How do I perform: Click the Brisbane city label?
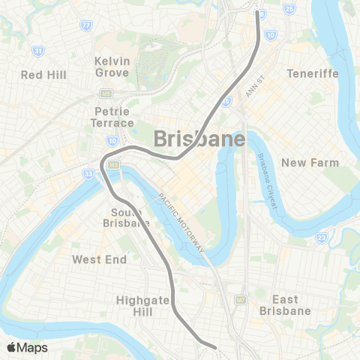point(199,139)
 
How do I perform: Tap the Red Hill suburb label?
point(43,75)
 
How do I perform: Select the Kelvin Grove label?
point(113,66)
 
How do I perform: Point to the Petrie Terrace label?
point(112,116)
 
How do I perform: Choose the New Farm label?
point(310,162)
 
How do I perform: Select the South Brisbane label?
point(126,217)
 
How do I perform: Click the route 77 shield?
point(87,25)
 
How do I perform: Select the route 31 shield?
point(37,52)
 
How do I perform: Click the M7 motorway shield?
point(241,299)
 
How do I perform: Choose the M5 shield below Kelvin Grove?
point(107,94)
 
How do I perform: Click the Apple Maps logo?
point(26,346)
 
